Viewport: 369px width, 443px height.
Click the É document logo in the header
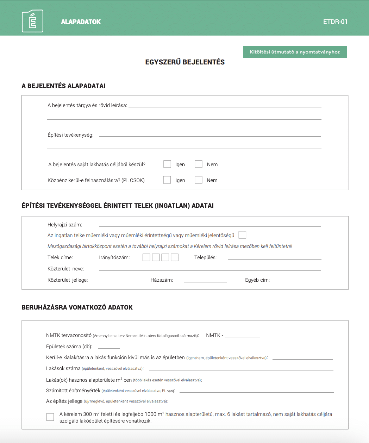coord(32,21)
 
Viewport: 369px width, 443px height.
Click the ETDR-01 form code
coord(335,22)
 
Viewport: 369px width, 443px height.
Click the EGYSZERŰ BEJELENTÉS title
coord(185,62)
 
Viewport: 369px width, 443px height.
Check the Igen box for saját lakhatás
coord(167,164)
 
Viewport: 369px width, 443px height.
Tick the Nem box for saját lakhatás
coord(199,164)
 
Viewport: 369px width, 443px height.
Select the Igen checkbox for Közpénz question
coord(167,180)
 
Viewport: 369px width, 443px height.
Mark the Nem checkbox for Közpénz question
coord(199,180)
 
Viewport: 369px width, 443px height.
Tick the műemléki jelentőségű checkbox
coord(242,235)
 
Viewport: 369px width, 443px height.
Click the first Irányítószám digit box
coord(146,257)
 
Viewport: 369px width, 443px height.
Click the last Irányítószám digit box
coord(175,257)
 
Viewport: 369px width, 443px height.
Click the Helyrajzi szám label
coord(65,225)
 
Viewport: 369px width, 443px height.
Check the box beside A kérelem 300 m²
coord(50,417)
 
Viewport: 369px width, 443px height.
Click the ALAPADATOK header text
coord(81,22)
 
